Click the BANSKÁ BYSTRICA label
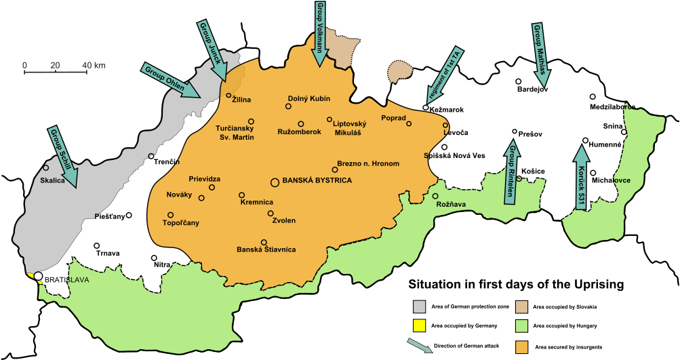coord(317,181)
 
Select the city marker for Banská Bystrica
coord(275,182)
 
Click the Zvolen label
coord(283,220)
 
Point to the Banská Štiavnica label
coord(266,249)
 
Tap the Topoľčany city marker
coord(170,215)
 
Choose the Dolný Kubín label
coord(309,99)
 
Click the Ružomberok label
coord(299,132)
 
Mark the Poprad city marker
coord(409,123)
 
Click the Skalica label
coord(52,181)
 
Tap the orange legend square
coord(522,348)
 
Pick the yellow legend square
coord(420,325)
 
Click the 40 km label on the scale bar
coord(94,65)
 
